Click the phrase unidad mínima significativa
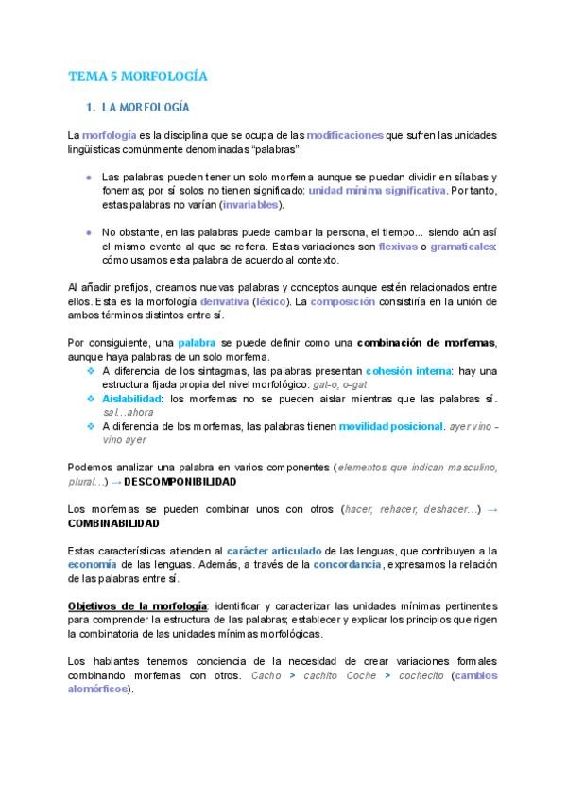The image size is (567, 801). [x=376, y=190]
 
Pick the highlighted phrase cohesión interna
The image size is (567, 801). [x=408, y=370]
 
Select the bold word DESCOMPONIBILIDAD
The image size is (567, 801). [x=180, y=481]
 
